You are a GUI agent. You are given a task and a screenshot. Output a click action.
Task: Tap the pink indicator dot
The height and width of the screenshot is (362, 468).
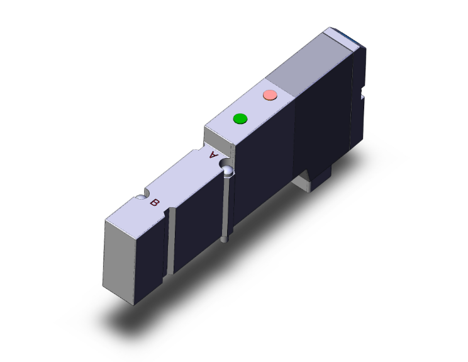pyautogui.click(x=269, y=95)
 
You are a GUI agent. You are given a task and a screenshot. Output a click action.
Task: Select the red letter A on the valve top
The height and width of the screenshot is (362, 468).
pyautogui.click(x=214, y=154)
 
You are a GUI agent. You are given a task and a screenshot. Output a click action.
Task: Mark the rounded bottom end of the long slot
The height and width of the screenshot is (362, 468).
pyautogui.click(x=226, y=239)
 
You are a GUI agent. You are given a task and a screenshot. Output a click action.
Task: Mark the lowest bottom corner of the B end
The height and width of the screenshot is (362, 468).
pyautogui.click(x=135, y=305)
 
